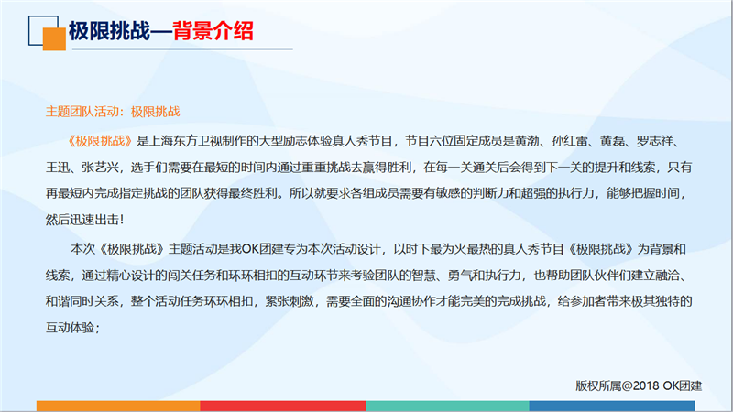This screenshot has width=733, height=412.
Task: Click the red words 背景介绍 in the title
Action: point(213,31)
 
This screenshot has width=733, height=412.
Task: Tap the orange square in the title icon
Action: point(54,39)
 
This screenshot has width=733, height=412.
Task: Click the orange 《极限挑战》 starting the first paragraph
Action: point(100,141)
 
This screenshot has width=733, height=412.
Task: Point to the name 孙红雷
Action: point(569,141)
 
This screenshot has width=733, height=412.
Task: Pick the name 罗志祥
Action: point(654,141)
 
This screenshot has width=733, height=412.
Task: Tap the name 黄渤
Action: point(527,141)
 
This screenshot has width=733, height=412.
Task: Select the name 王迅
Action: point(58,168)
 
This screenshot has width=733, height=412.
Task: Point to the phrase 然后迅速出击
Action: point(82,220)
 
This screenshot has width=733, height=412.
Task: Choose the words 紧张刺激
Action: point(290,301)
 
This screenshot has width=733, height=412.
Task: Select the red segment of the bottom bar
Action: point(283,406)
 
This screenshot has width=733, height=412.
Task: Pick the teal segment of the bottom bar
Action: point(447,406)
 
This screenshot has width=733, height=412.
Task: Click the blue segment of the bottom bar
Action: point(612,406)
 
